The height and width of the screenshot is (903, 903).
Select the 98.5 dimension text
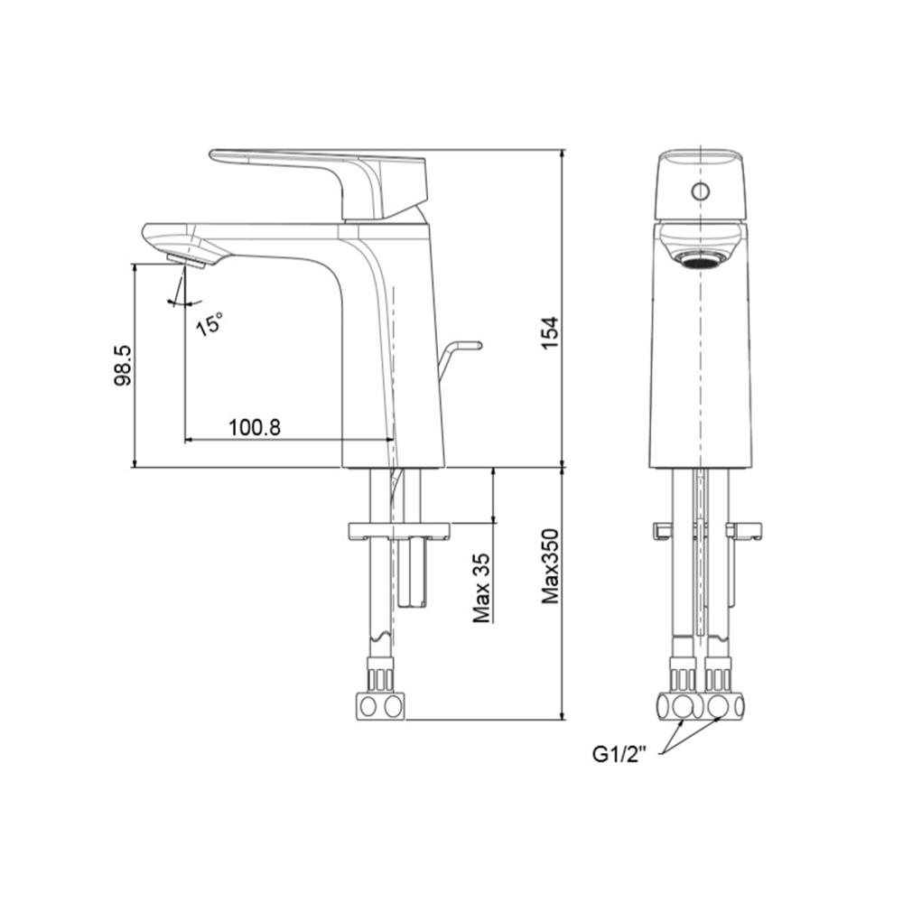pyautogui.click(x=124, y=365)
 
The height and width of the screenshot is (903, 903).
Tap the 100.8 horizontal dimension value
pyautogui.click(x=254, y=426)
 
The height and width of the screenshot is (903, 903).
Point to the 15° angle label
pyautogui.click(x=209, y=322)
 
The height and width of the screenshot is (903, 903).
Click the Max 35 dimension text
pyautogui.click(x=483, y=588)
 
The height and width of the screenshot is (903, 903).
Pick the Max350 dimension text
pyautogui.click(x=552, y=567)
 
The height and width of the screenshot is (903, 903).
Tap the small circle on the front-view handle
pyautogui.click(x=699, y=191)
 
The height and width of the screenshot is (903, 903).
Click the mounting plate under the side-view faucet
pyautogui.click(x=398, y=528)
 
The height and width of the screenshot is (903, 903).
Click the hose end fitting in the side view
pyautogui.click(x=379, y=703)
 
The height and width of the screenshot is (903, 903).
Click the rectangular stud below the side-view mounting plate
pyautogui.click(x=413, y=574)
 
